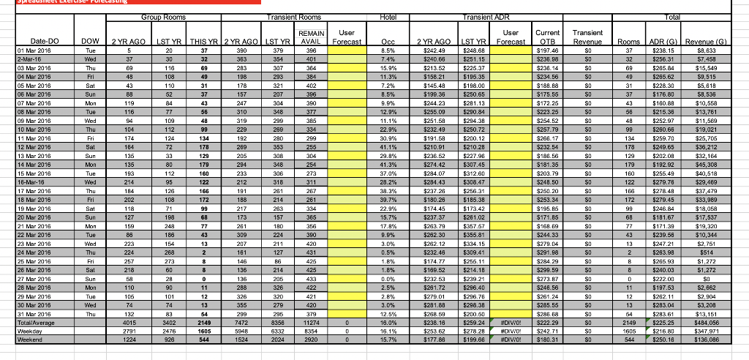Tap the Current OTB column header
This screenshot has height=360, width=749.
tap(547, 37)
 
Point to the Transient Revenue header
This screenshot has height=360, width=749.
tap(587, 37)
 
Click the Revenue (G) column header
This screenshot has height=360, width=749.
tap(707, 42)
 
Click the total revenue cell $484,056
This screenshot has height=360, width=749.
tap(707, 322)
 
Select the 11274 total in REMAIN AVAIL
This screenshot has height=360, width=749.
tap(309, 322)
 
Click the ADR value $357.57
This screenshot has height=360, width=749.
tap(471, 227)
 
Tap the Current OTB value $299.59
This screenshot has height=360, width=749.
tap(546, 269)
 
